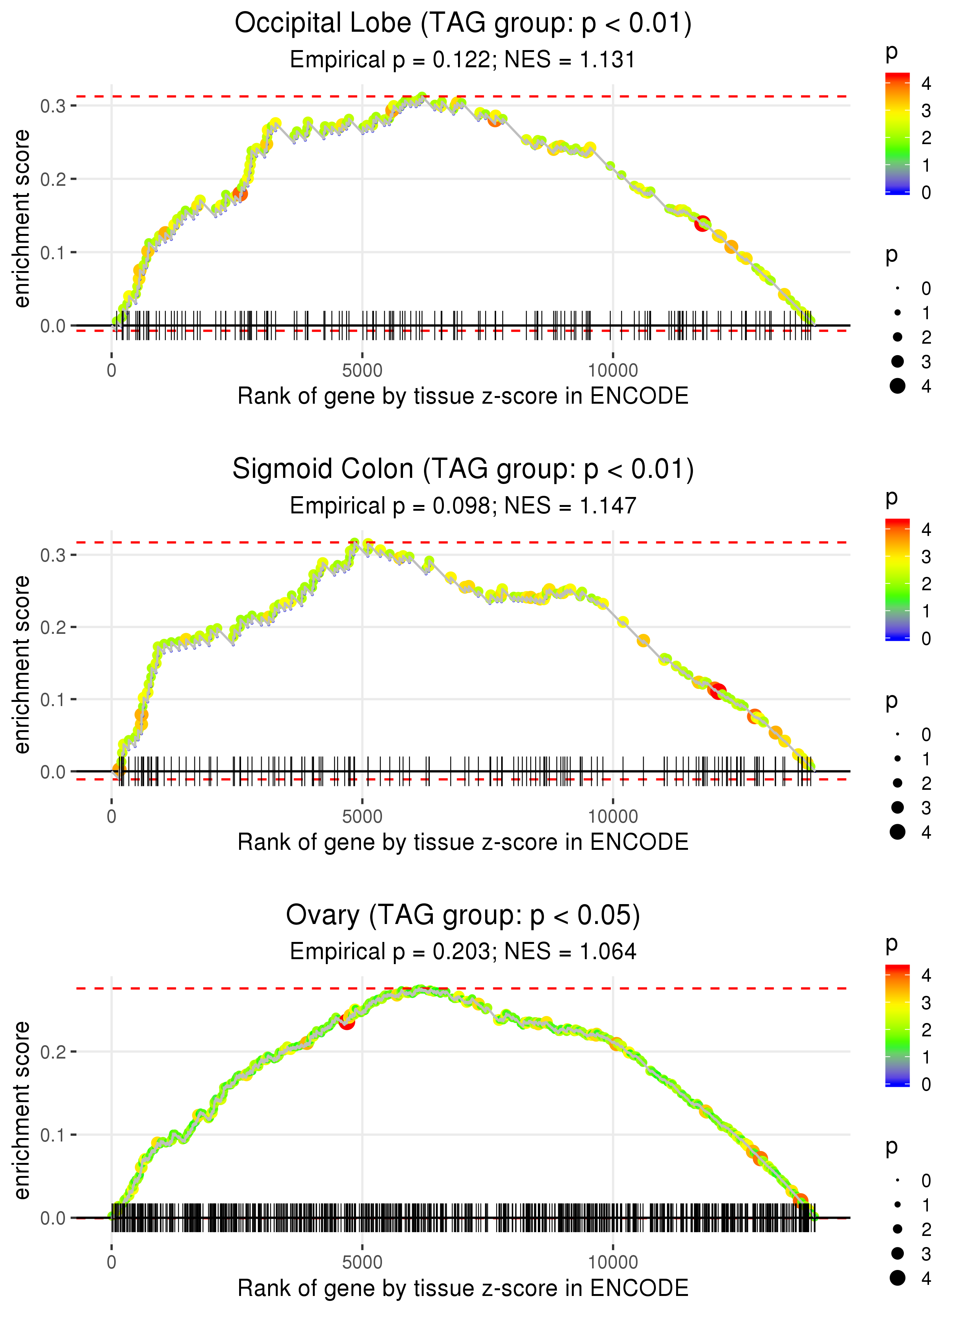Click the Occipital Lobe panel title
pos(463,24)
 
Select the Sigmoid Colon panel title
pos(463,469)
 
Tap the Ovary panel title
pos(463,916)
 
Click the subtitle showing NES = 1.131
pos(463,60)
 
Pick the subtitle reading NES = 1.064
pos(463,952)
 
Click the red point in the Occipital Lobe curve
pos(702,224)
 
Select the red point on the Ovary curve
pos(347,1021)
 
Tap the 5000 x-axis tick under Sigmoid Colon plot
pos(362,816)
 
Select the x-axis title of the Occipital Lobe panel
pos(463,396)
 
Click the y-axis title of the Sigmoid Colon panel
pos(22,664)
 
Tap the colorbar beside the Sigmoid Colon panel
pos(897,580)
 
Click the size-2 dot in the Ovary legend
pos(897,1229)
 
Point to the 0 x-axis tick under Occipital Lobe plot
pos(112,371)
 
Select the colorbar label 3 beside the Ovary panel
pos(926,1003)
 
